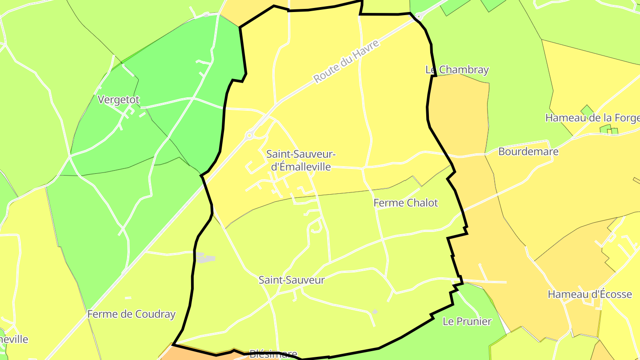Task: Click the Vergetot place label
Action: pyautogui.click(x=118, y=100)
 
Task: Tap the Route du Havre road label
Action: pyautogui.click(x=346, y=61)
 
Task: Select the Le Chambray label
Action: pyautogui.click(x=457, y=70)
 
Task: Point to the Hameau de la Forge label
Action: pyautogui.click(x=592, y=118)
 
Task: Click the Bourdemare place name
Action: pyautogui.click(x=528, y=152)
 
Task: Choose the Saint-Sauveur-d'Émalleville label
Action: pyautogui.click(x=301, y=160)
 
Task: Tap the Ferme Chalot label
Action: pyautogui.click(x=405, y=203)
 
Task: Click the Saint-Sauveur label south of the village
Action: pyautogui.click(x=292, y=280)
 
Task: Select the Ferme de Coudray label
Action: pyautogui.click(x=131, y=314)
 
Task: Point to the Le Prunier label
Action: pyautogui.click(x=467, y=321)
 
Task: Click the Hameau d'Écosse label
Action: pyautogui.click(x=589, y=294)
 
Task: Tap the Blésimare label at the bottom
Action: pyautogui.click(x=273, y=354)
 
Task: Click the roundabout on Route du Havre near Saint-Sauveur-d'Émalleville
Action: pyautogui.click(x=250, y=135)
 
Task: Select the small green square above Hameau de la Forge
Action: pyautogui.click(x=587, y=110)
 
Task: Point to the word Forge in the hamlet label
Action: pyautogui.click(x=626, y=118)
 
